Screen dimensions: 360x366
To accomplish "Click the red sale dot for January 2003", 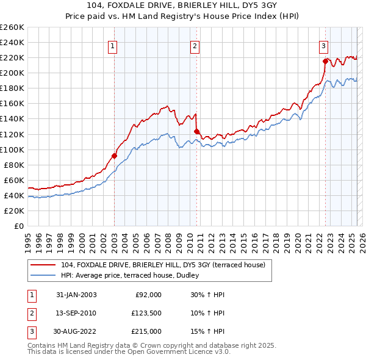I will [114, 155].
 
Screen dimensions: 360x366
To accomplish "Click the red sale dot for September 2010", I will [196, 131].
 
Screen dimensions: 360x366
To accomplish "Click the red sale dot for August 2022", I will [325, 60].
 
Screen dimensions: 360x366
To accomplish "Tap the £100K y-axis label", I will [12, 149].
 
